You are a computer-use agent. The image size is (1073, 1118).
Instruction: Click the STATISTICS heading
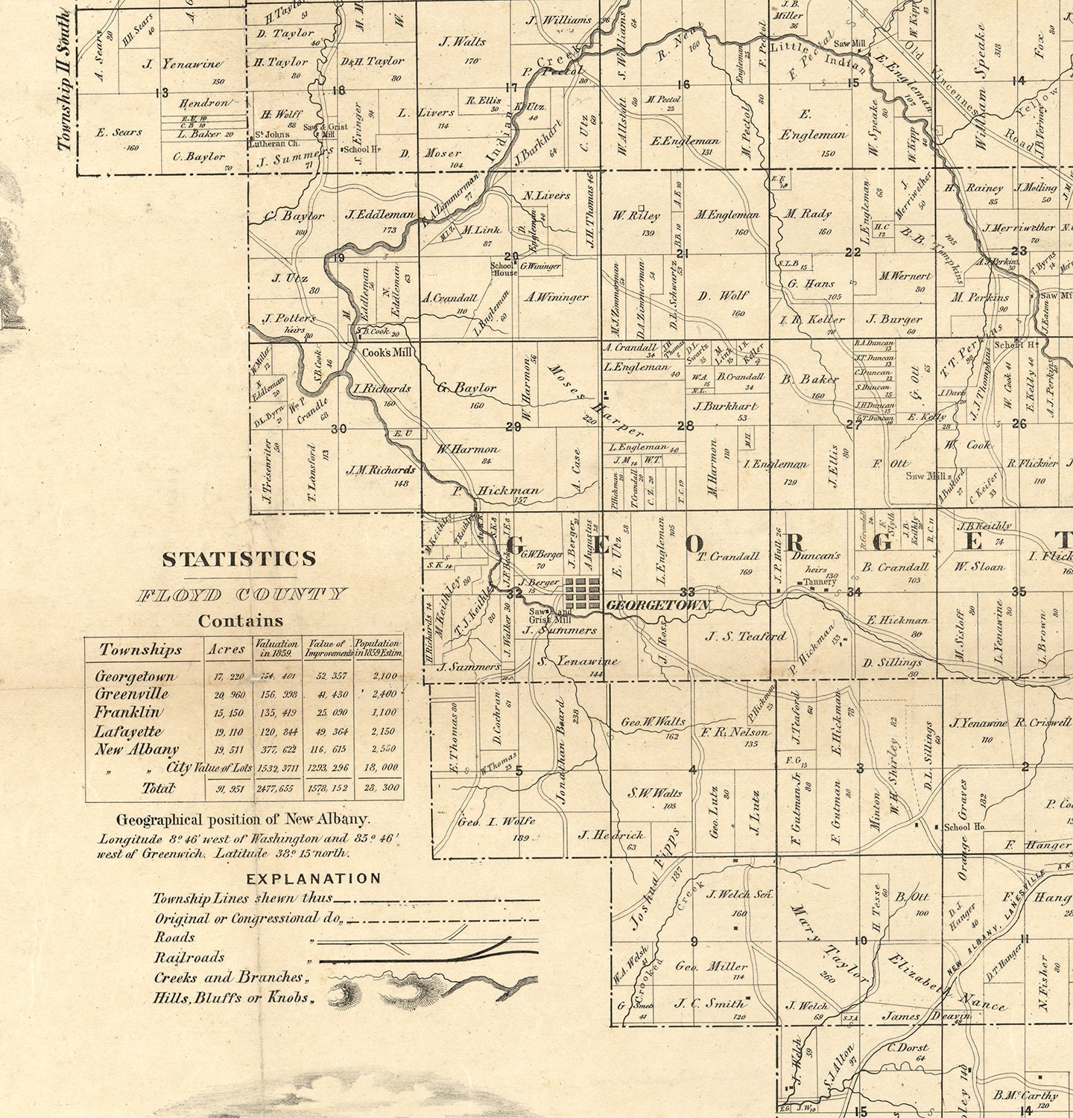tap(238, 559)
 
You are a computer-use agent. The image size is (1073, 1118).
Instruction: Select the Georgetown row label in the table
tap(135, 676)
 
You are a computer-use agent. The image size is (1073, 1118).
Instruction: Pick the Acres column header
tap(227, 649)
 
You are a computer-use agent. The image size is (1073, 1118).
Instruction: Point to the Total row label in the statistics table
tap(158, 787)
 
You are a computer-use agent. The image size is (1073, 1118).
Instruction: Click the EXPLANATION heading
tap(314, 878)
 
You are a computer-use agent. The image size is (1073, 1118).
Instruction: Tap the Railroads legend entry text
tap(189, 957)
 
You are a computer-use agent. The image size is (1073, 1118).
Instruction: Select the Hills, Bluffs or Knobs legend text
tap(231, 997)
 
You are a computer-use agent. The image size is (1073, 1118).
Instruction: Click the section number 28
tap(684, 426)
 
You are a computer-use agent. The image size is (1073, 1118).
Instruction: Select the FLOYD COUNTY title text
tap(241, 594)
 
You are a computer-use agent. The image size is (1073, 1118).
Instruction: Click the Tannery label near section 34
tap(820, 581)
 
